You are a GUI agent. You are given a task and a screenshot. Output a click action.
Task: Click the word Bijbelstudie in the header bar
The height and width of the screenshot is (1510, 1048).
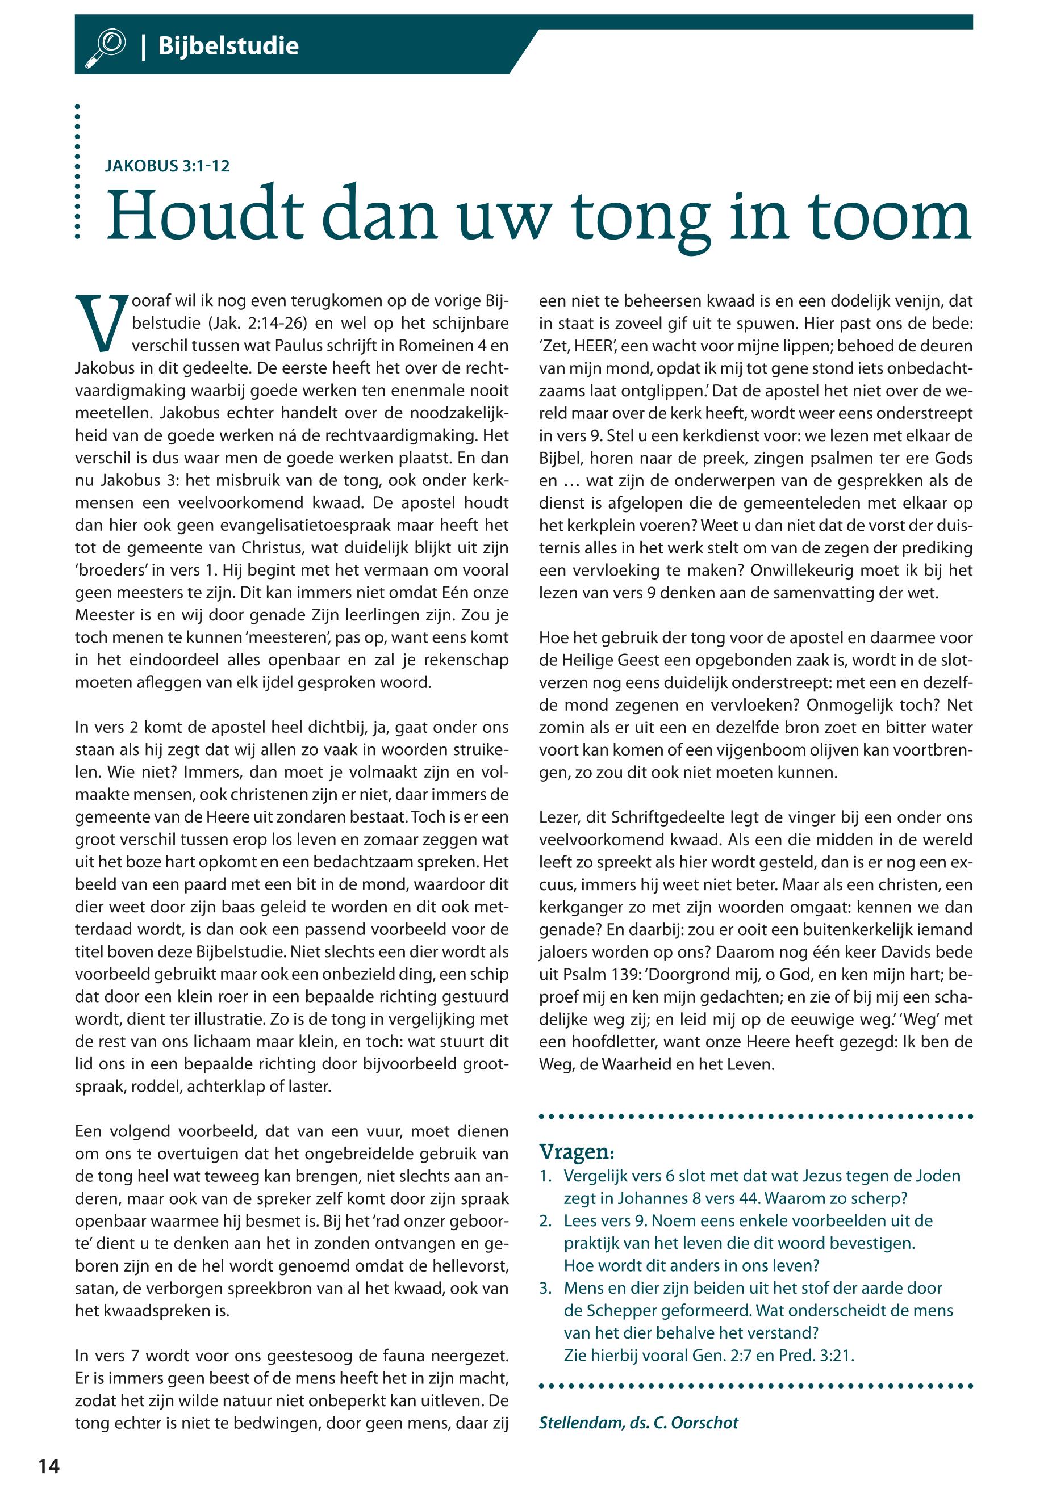click(228, 47)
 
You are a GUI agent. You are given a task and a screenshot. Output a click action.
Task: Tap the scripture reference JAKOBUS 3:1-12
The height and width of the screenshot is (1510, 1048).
click(168, 166)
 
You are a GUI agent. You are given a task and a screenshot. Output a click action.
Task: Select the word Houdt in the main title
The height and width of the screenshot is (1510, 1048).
click(206, 216)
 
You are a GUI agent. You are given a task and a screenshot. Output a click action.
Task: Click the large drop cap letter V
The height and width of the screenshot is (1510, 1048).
click(101, 323)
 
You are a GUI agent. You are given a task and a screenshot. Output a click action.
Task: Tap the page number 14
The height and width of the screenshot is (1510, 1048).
click(49, 1467)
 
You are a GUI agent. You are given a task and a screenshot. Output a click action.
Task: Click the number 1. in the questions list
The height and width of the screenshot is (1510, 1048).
click(546, 1176)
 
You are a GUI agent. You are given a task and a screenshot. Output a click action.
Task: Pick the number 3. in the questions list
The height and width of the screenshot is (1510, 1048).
click(546, 1288)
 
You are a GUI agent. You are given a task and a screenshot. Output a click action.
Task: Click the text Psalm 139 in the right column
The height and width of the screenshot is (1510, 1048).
click(588, 975)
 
